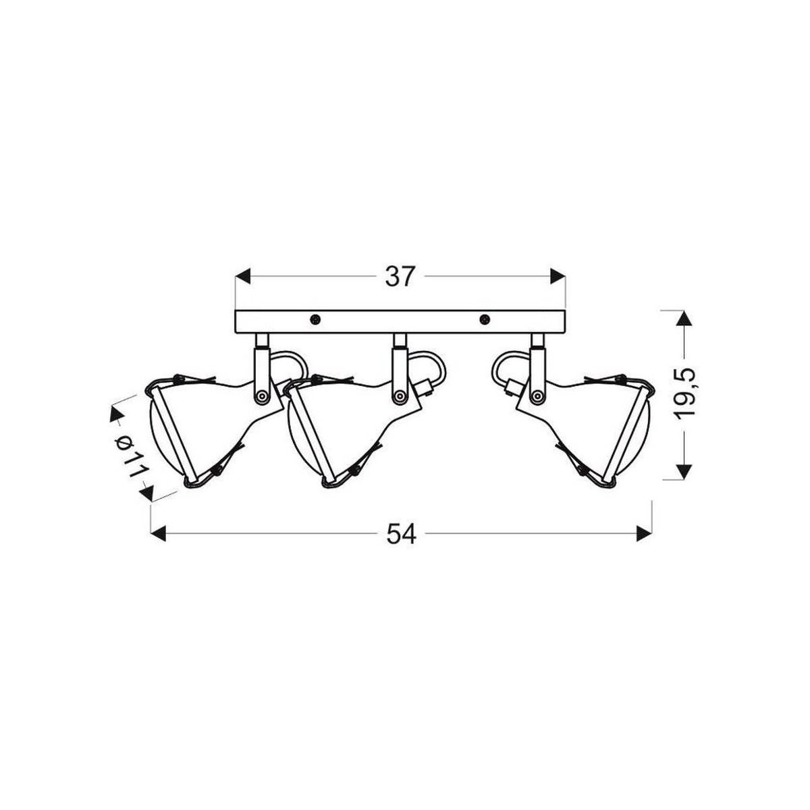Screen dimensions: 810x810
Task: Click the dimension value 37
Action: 400,277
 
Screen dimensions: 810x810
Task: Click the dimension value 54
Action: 401,534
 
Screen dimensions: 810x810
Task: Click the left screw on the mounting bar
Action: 315,319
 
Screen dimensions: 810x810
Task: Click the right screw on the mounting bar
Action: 485,319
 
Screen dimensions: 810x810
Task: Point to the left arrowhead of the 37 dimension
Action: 243,276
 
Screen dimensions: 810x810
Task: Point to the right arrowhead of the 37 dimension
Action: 558,276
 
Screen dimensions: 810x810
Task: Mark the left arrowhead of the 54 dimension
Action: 159,534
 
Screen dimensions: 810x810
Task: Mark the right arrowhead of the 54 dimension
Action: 645,534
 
